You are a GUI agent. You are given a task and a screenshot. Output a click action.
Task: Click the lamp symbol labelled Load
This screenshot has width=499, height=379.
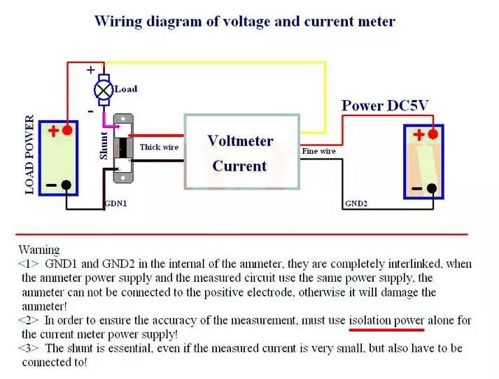(104, 89)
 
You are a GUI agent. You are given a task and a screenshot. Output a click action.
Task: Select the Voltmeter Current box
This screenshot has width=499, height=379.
(241, 152)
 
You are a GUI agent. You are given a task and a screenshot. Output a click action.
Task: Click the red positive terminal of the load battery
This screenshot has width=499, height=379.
(67, 130)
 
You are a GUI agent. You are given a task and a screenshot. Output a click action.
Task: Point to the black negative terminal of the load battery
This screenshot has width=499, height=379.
(66, 185)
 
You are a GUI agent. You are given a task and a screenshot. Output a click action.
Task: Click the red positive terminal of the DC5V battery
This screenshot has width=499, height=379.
(433, 134)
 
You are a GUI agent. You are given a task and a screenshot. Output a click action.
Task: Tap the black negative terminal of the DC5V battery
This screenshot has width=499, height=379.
(432, 188)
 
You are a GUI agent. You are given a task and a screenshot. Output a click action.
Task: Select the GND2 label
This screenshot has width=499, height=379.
(357, 203)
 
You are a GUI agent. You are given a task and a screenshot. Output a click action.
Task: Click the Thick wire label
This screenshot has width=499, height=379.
(159, 147)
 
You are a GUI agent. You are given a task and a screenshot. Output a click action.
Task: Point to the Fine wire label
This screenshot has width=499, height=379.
(319, 151)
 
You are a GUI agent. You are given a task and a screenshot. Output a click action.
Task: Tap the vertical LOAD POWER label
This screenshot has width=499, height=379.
(29, 155)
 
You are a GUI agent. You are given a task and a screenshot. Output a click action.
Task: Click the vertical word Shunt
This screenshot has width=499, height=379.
(104, 145)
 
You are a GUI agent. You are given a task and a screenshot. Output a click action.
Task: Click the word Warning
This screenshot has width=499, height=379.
(39, 250)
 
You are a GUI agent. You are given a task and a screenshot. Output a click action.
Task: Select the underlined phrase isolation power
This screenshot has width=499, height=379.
(387, 320)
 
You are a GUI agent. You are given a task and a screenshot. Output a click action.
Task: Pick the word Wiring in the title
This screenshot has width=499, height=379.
(118, 21)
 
